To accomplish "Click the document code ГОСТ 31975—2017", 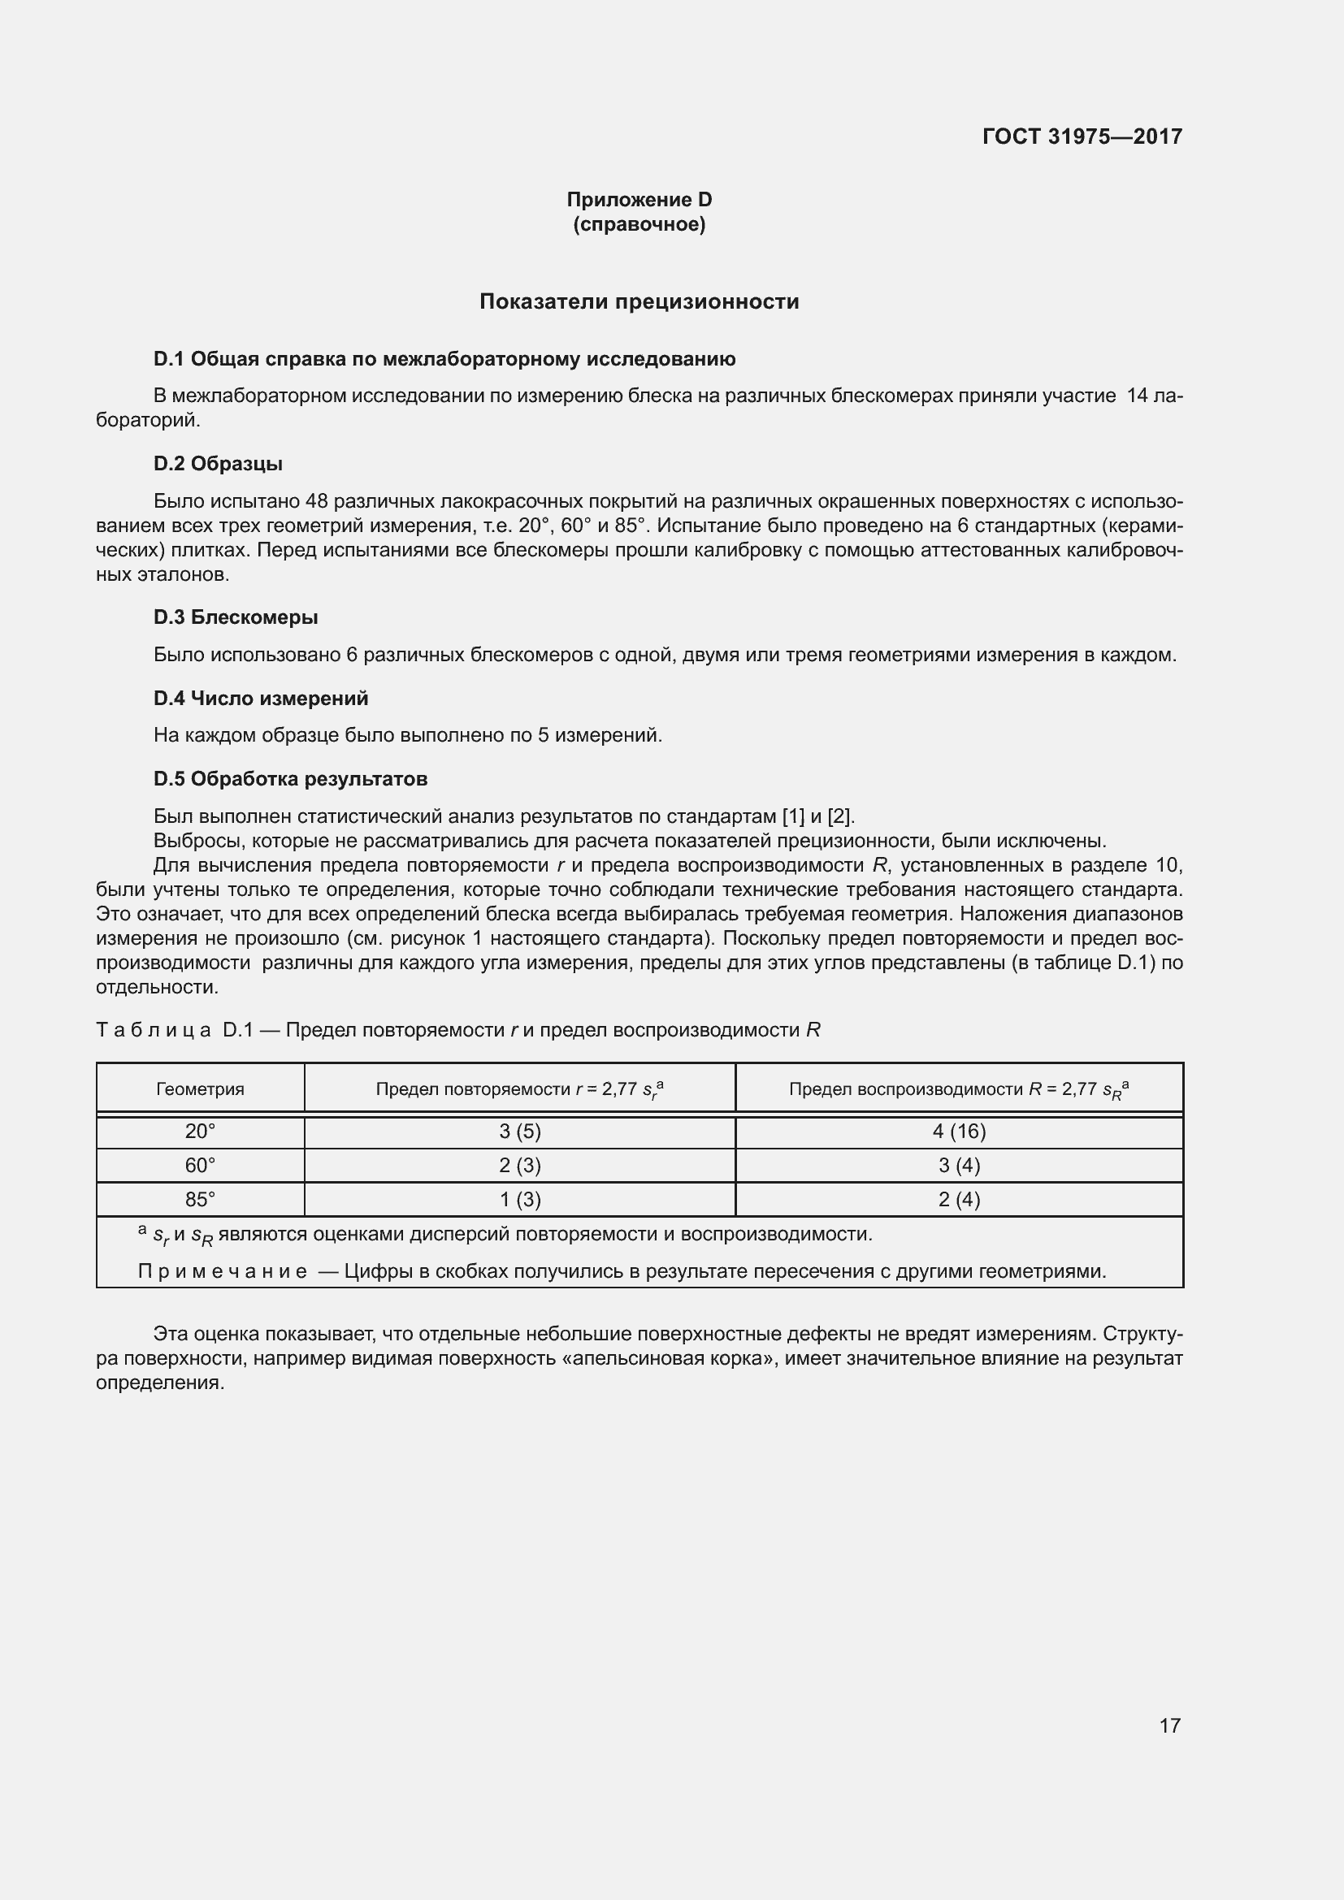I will tap(1082, 136).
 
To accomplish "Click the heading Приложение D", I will tap(639, 200).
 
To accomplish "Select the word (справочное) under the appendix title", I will tap(639, 224).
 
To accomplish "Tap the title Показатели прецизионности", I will tap(639, 301).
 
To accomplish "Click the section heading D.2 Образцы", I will tap(218, 463).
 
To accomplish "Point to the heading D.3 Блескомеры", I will tap(236, 617).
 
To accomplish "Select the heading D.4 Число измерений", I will tap(261, 699).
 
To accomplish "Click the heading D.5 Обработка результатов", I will tap(290, 779).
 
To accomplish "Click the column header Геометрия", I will tap(200, 1089).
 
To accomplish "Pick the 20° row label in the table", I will tap(200, 1132).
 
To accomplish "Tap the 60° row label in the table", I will tap(200, 1165).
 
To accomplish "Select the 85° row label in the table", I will tap(200, 1199).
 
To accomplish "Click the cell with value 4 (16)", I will tap(958, 1132).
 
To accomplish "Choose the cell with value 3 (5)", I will tap(520, 1132).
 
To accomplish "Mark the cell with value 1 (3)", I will tap(520, 1199).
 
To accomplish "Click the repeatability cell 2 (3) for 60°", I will tap(520, 1165).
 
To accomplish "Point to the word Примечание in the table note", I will tap(222, 1271).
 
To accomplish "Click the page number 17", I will tap(1169, 1725).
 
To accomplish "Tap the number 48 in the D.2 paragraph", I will tap(317, 501).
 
